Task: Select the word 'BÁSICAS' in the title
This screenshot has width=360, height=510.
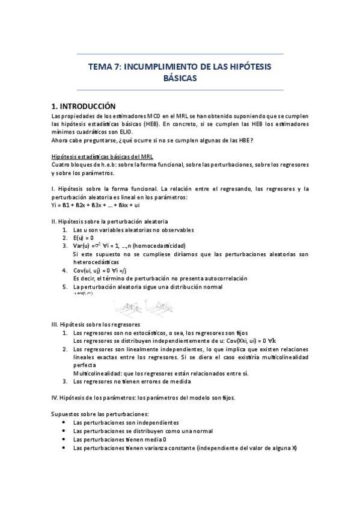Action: pyautogui.click(x=180, y=78)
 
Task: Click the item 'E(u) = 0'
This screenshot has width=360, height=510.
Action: pyautogui.click(x=87, y=238)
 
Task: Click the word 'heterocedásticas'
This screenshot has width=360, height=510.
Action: pyautogui.click(x=96, y=262)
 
